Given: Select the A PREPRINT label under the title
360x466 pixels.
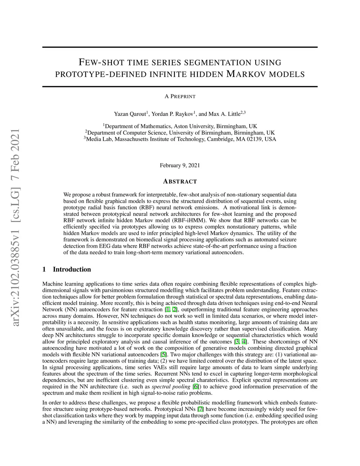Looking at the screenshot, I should point(180,96).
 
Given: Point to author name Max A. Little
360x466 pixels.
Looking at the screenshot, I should point(224,114).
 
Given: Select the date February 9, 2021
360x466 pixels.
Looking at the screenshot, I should point(180,165).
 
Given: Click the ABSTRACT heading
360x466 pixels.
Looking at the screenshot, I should point(180,181).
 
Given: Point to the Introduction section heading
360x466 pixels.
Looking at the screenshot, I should point(72,269).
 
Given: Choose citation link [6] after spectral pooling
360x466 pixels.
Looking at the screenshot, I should point(196,387).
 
